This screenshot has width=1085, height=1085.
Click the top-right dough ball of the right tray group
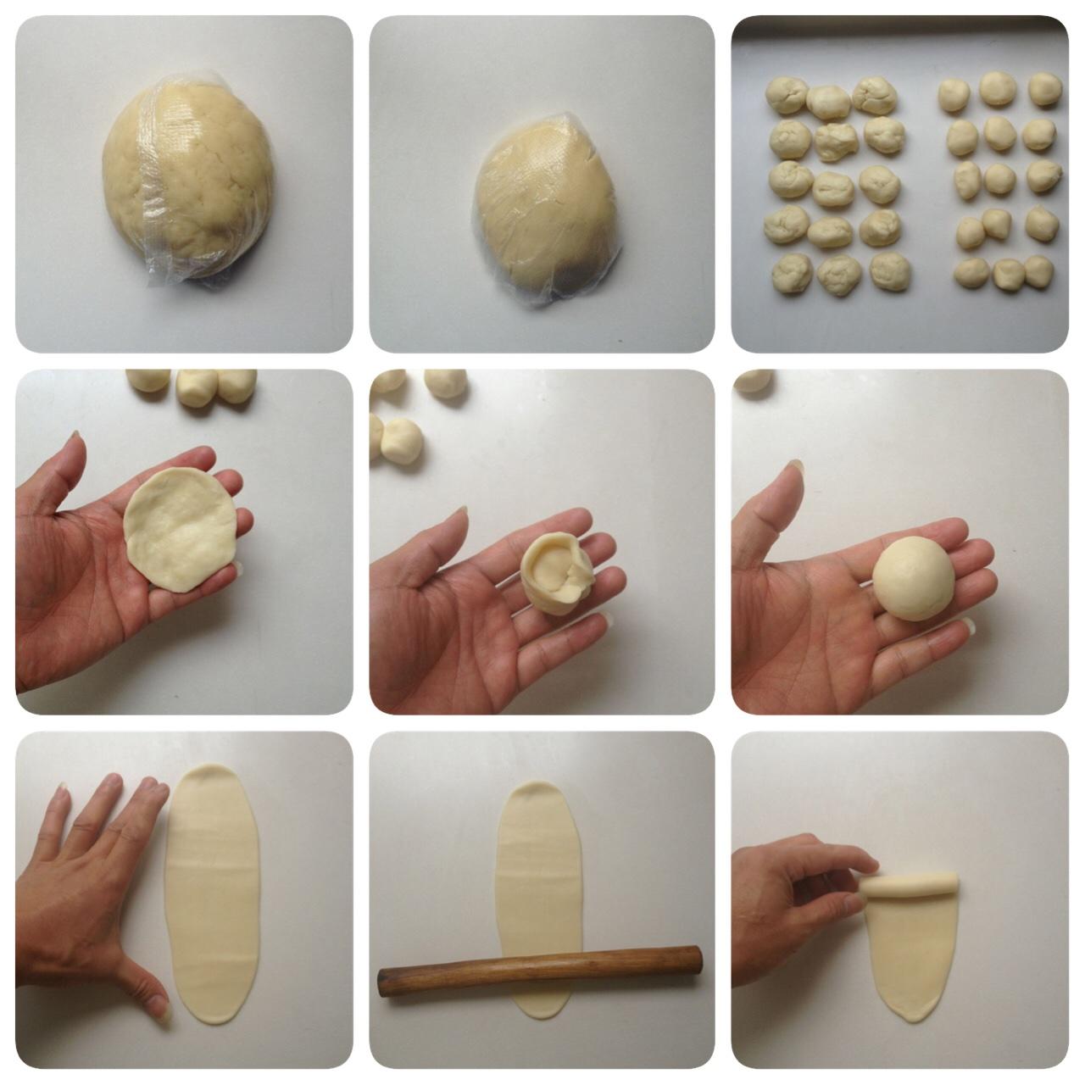point(1045,88)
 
